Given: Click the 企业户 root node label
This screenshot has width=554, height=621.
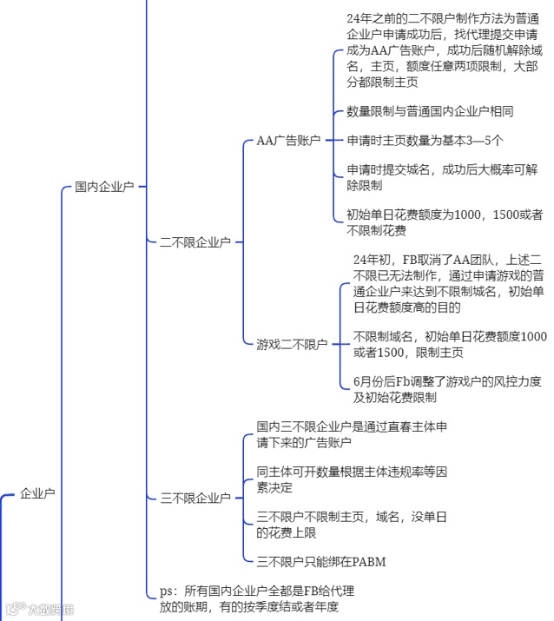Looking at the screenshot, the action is tap(37, 493).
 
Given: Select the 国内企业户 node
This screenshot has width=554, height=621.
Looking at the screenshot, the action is tap(103, 186).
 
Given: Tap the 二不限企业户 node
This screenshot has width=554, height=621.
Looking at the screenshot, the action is tap(195, 242).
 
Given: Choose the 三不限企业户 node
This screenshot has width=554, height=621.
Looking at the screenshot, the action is tap(195, 498).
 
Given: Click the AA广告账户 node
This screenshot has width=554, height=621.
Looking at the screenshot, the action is tap(288, 140).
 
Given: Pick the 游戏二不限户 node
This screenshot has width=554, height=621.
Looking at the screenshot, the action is tap(291, 344).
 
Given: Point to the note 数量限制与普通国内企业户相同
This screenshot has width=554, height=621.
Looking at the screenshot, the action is tap(430, 111).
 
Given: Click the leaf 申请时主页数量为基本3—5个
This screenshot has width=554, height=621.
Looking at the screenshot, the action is tap(425, 140).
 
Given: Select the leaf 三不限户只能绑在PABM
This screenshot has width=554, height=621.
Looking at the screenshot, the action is tap(320, 561).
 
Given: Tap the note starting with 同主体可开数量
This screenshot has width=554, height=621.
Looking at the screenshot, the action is tap(352, 479).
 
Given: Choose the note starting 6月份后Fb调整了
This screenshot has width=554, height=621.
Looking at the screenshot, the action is tap(446, 389).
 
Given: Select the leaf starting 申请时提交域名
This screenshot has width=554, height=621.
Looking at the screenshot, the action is tap(441, 177).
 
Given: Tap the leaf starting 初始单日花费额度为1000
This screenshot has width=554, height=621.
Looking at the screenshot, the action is tap(445, 222).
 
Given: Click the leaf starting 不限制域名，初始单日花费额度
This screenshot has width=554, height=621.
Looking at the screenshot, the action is tap(450, 344).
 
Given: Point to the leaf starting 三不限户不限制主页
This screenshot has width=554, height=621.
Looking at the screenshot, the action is tap(352, 525).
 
